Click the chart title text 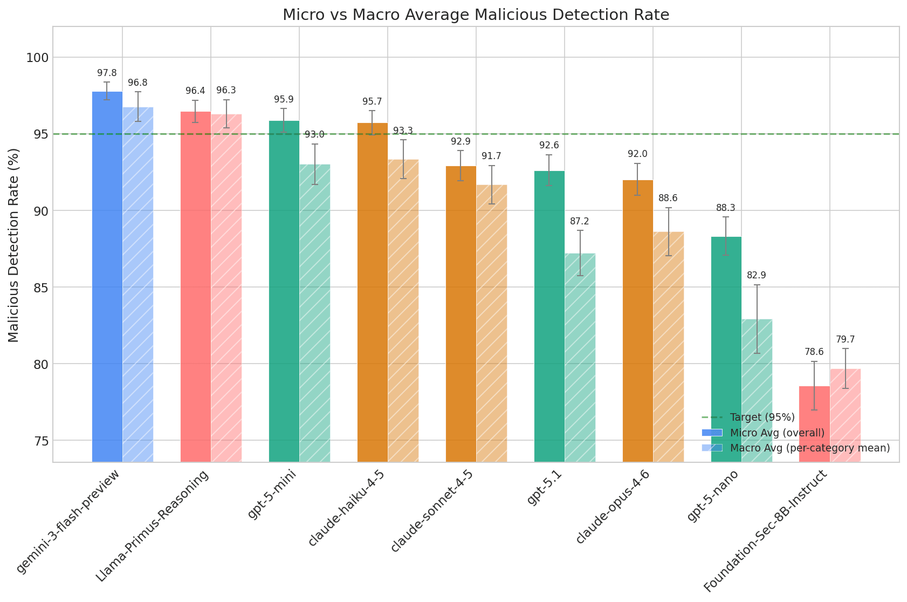pos(476,15)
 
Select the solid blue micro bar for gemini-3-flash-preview pos(107,275)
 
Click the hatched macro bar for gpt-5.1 pos(580,356)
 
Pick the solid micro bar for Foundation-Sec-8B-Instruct pos(814,423)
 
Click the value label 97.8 pos(107,73)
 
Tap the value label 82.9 pos(756,275)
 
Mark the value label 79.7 pos(845,339)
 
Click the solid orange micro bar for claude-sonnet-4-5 pos(461,313)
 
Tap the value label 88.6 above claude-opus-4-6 pos(668,198)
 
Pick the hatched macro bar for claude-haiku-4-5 pos(403,310)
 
